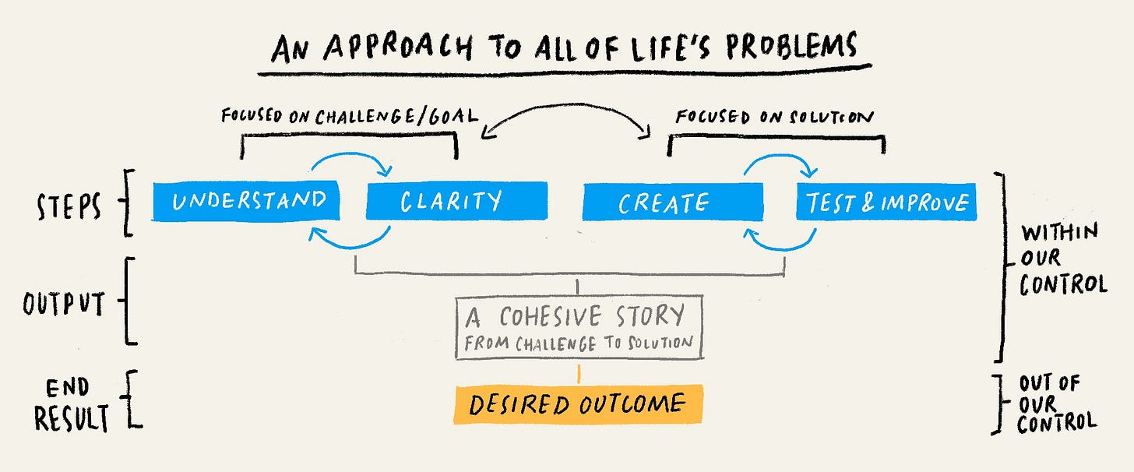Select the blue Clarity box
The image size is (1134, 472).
pyautogui.click(x=456, y=201)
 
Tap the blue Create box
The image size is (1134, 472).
pyautogui.click(x=673, y=203)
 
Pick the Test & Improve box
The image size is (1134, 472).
pyautogui.click(x=886, y=203)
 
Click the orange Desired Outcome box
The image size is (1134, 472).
pyautogui.click(x=578, y=404)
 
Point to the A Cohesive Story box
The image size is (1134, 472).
pyautogui.click(x=578, y=326)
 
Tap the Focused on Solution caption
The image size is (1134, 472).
pyautogui.click(x=775, y=117)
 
